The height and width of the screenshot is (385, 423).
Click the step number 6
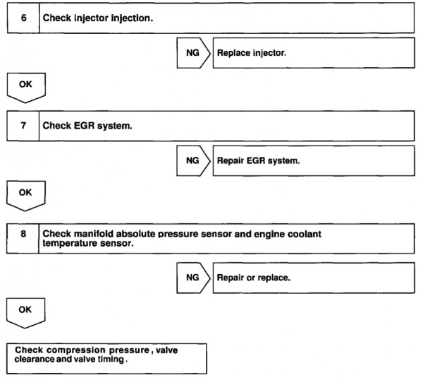pyautogui.click(x=24, y=18)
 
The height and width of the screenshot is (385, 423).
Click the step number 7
pyautogui.click(x=23, y=126)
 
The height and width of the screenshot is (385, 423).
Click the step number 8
pyautogui.click(x=23, y=234)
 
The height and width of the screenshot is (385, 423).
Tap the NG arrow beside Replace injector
pyautogui.click(x=193, y=53)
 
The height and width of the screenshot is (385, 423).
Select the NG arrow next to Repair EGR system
pyautogui.click(x=193, y=160)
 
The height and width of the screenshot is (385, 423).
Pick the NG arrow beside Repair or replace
pyautogui.click(x=193, y=278)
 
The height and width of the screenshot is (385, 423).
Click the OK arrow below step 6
pyautogui.click(x=26, y=88)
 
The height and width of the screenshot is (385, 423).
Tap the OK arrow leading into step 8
pyautogui.click(x=26, y=196)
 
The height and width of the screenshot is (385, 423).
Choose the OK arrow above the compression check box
pyautogui.click(x=25, y=313)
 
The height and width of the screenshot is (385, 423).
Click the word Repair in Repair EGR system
pyautogui.click(x=230, y=161)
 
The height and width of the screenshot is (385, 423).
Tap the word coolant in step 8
pyautogui.click(x=305, y=234)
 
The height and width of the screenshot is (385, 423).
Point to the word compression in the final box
pyautogui.click(x=76, y=350)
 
